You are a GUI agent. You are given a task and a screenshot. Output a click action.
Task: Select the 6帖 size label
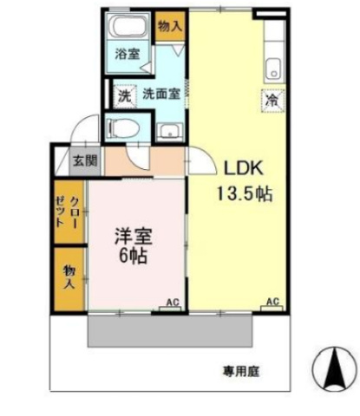pos(133,257)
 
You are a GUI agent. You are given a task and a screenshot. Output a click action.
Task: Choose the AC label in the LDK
pos(272,302)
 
